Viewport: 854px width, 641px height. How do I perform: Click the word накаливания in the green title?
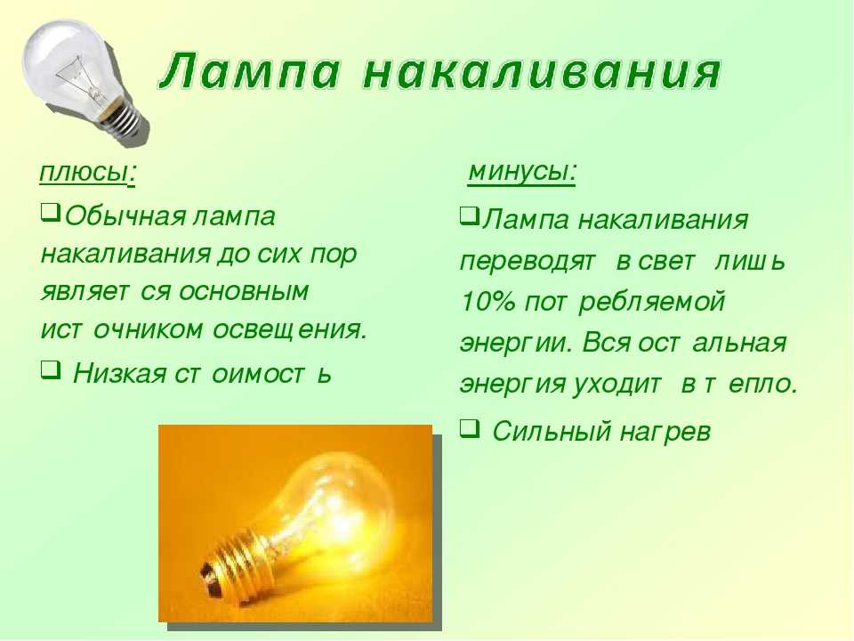542,71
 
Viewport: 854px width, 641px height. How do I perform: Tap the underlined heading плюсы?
87,174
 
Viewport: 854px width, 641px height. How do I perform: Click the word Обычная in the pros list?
125,216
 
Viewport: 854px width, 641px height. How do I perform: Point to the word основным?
244,292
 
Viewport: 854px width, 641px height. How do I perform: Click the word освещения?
290,329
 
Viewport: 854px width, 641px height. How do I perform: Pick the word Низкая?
119,374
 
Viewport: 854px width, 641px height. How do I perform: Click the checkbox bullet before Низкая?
50,371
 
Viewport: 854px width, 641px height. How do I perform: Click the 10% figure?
487,302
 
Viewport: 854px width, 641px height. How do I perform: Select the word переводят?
528,262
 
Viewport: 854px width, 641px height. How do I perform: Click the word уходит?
618,385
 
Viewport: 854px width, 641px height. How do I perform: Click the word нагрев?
665,433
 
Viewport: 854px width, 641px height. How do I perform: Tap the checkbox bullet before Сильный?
470,428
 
